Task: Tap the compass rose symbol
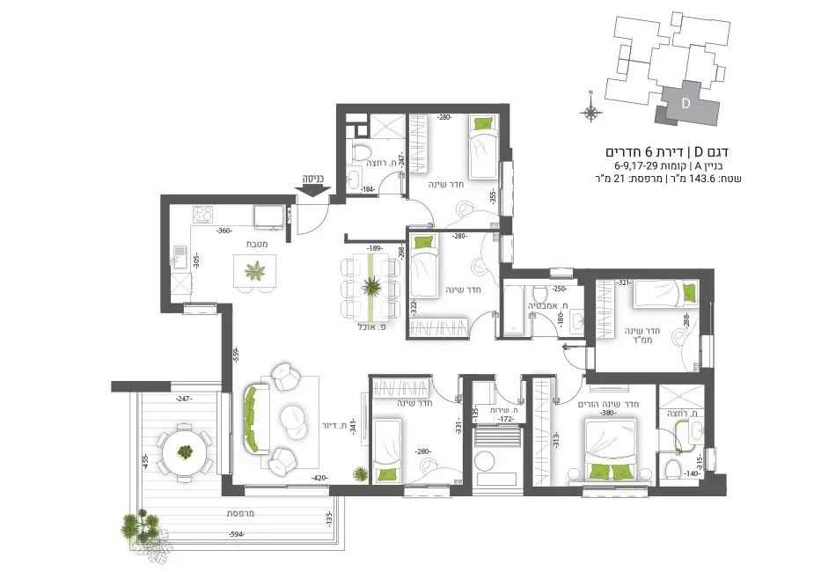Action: (x=591, y=111)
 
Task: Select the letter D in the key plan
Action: (x=685, y=103)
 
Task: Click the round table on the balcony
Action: (x=185, y=451)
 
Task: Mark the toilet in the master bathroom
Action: (x=674, y=466)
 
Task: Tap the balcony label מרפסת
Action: (x=240, y=513)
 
